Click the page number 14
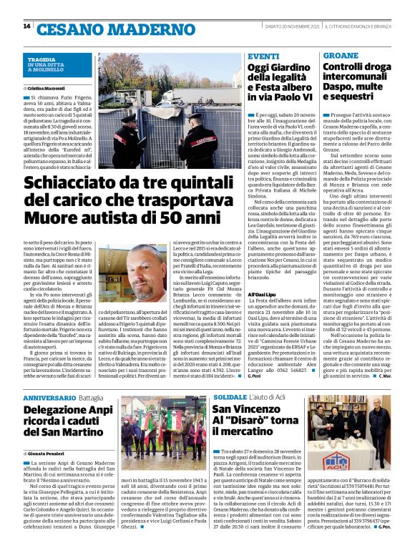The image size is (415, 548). (26, 27)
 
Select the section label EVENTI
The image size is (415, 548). (263, 56)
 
